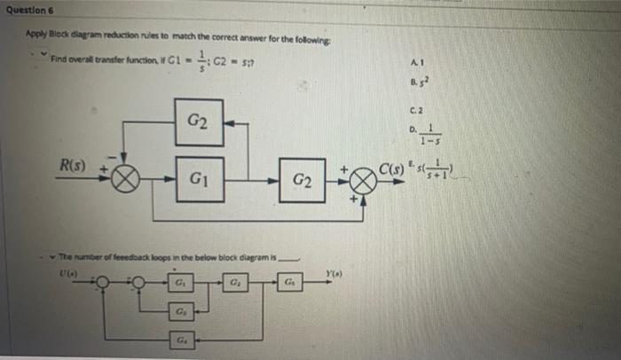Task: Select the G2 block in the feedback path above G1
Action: coord(198,121)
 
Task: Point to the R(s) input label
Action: coord(74,165)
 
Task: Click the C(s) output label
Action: coord(392,168)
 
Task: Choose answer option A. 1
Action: coord(415,60)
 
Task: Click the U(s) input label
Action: coord(67,275)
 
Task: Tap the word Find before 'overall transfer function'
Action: coord(59,59)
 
